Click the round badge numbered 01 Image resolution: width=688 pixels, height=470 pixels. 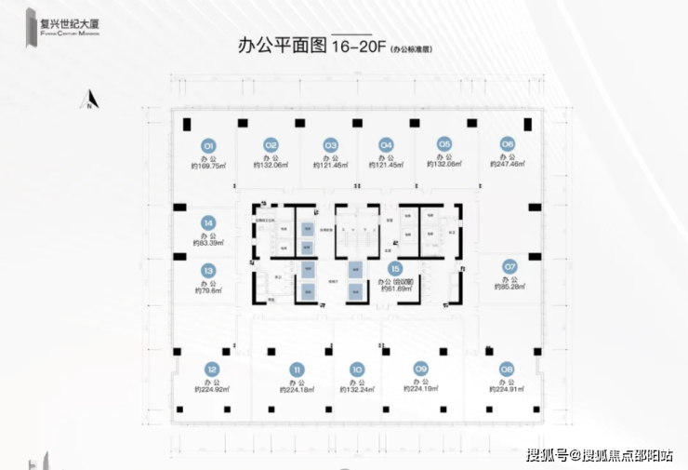click(x=209, y=145)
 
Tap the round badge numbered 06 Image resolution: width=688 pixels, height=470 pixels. click(x=507, y=144)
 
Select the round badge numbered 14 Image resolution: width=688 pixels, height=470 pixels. click(x=209, y=223)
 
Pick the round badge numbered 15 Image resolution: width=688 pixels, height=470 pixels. click(x=394, y=268)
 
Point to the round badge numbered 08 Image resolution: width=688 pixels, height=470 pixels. click(x=507, y=369)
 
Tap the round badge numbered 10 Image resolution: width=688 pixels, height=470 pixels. click(x=356, y=369)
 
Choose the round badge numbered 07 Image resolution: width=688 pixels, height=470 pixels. click(x=509, y=266)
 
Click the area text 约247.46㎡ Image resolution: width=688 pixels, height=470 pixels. click(x=507, y=165)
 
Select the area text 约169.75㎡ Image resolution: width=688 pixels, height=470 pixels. click(x=209, y=165)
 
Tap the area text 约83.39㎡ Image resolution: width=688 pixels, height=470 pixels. click(x=209, y=243)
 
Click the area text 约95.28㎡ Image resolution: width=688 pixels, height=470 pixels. click(x=509, y=286)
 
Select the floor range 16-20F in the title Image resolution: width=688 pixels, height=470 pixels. click(x=357, y=47)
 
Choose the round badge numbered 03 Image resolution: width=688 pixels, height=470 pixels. click(x=330, y=145)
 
